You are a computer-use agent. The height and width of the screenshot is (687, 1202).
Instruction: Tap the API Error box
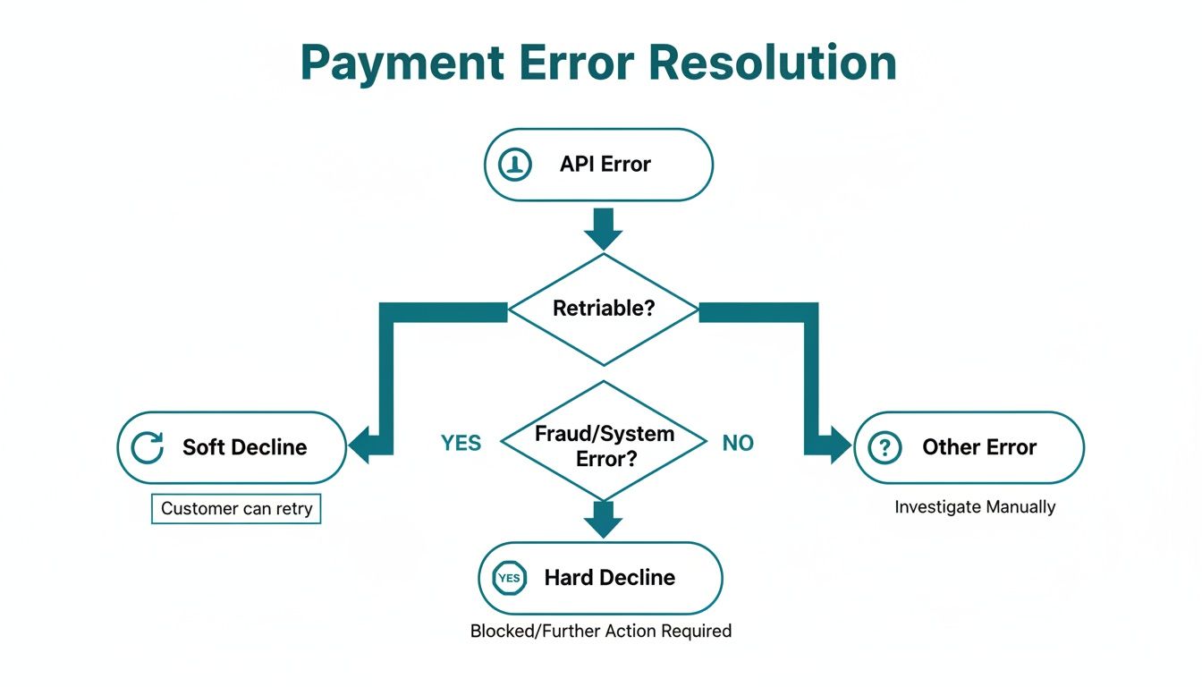pyautogui.click(x=598, y=165)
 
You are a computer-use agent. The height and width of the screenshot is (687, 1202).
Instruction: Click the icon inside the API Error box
pyautogui.click(x=515, y=165)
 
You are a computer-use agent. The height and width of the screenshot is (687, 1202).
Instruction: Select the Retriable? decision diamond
pyautogui.click(x=604, y=310)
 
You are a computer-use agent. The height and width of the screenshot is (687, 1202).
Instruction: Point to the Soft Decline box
pyautogui.click(x=232, y=447)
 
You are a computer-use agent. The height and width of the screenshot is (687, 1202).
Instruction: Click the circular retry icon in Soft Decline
pyautogui.click(x=148, y=447)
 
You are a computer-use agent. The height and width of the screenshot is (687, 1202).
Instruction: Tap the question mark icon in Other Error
pyautogui.click(x=885, y=447)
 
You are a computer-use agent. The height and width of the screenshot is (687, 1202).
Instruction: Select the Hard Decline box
pyautogui.click(x=600, y=578)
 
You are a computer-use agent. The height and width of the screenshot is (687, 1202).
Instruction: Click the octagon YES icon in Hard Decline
pyautogui.click(x=509, y=578)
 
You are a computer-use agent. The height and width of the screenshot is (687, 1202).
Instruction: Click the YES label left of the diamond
pyautogui.click(x=461, y=443)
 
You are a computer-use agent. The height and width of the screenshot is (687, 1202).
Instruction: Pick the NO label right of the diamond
pyautogui.click(x=738, y=443)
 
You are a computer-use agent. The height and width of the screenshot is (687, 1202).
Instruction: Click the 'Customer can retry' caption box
pyautogui.click(x=236, y=509)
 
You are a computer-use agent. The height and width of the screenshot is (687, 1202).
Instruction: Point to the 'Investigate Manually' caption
pyautogui.click(x=975, y=507)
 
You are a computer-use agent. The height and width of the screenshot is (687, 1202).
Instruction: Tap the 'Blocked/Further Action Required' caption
pyautogui.click(x=601, y=631)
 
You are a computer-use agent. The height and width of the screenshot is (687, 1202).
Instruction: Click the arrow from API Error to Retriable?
pyautogui.click(x=604, y=229)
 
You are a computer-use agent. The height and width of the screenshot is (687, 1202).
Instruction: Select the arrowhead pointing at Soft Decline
pyautogui.click(x=360, y=445)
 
